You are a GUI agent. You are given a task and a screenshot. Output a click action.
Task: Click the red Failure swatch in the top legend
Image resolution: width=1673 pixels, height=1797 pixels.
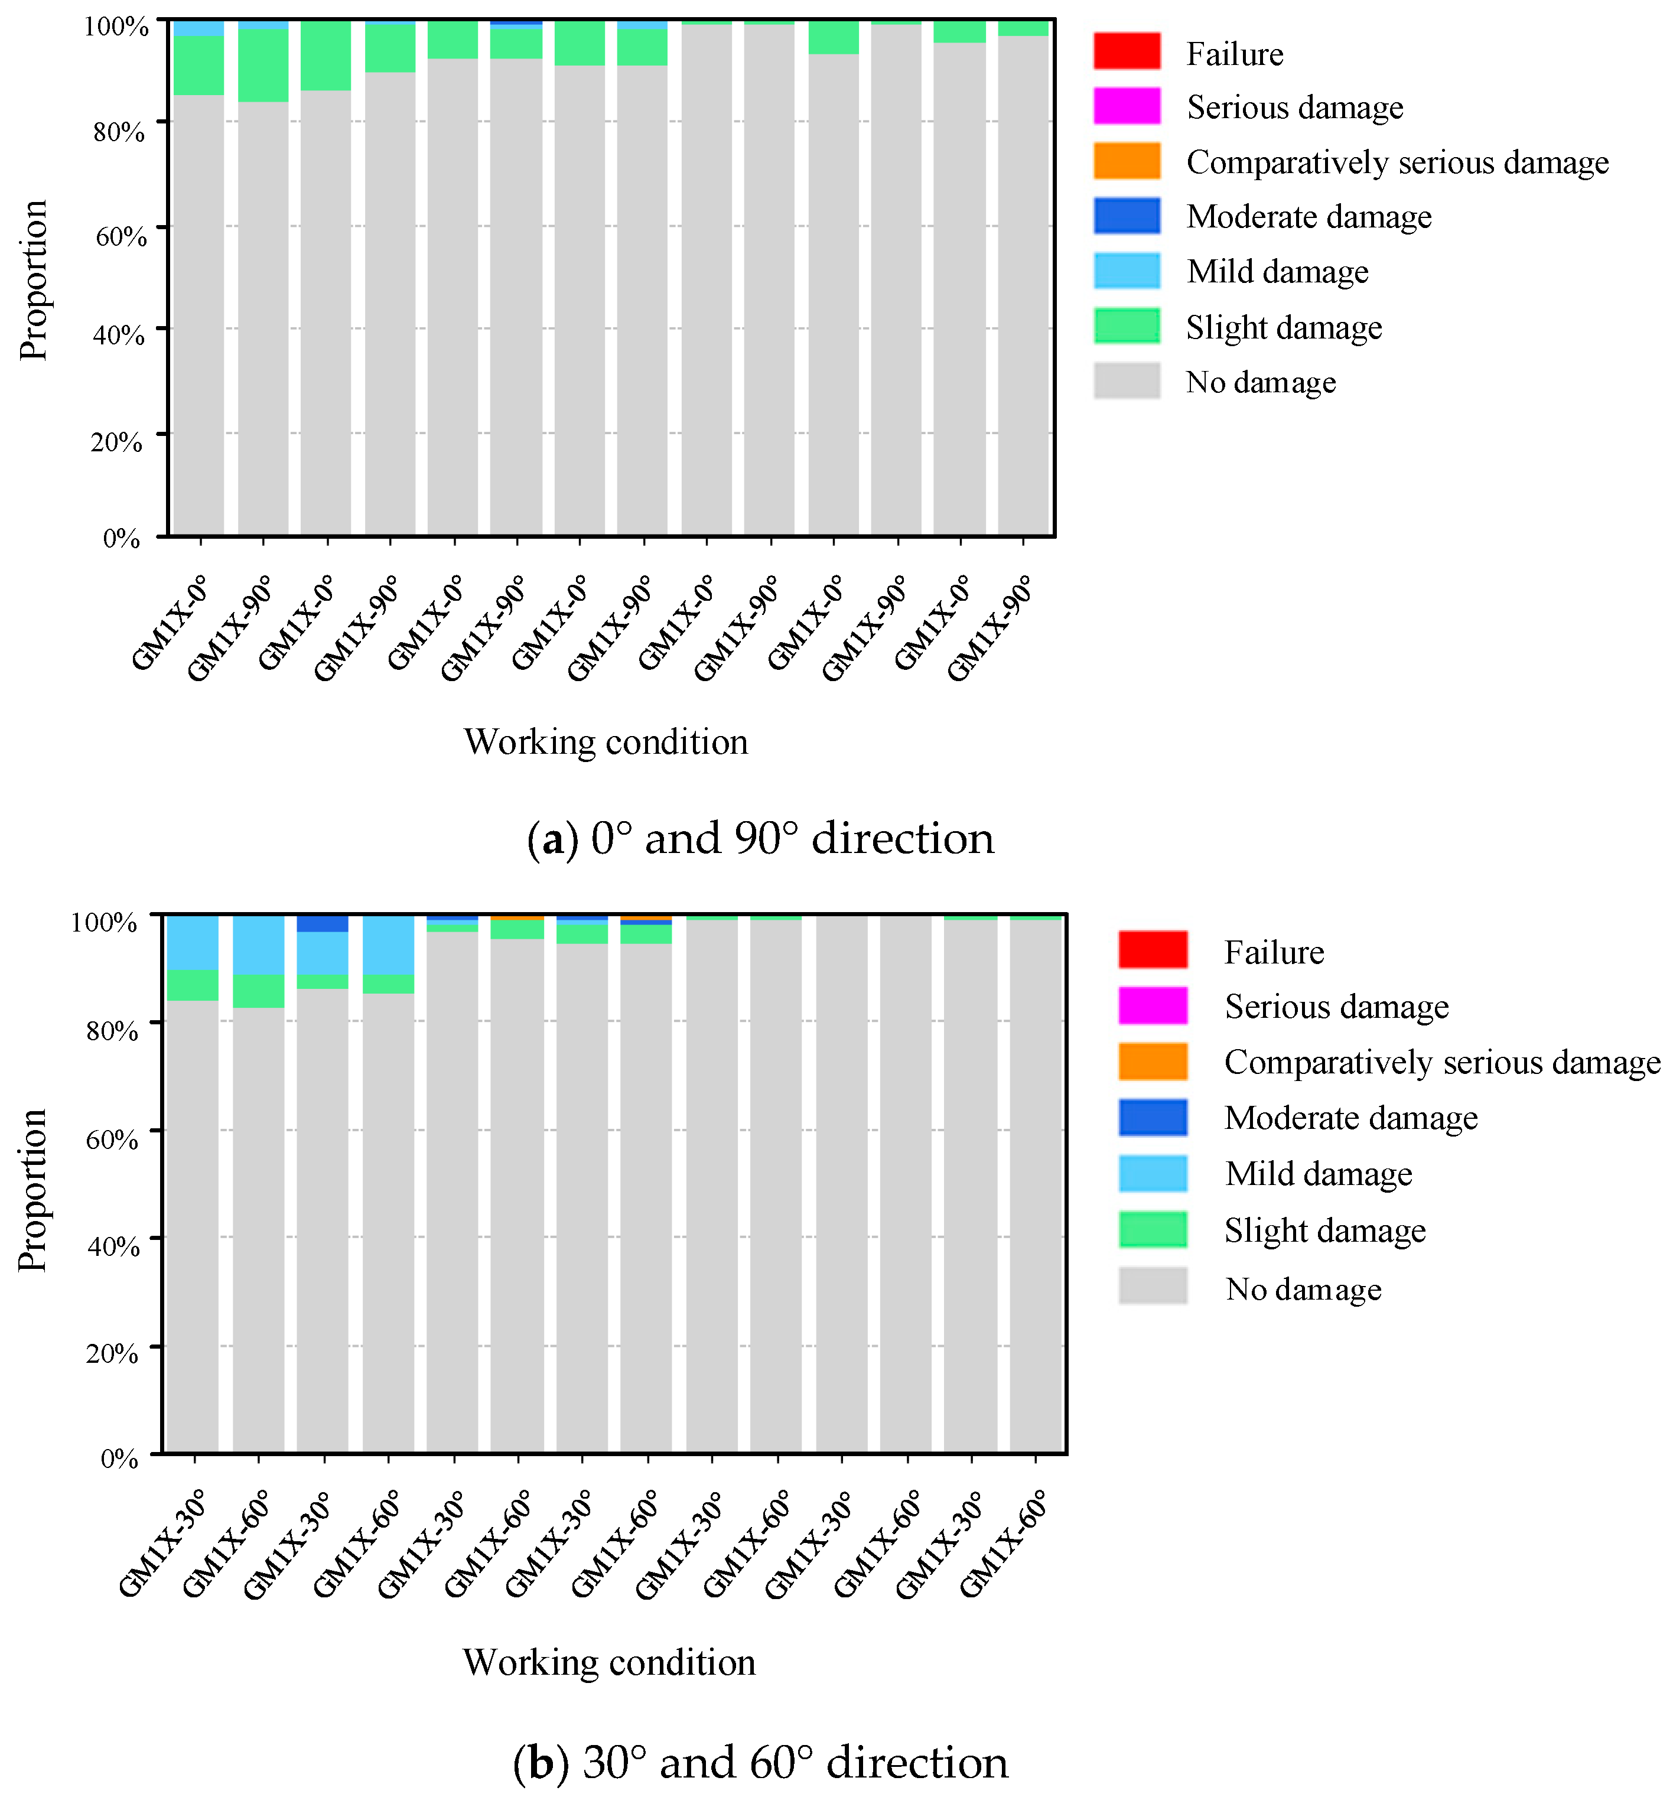tap(1126, 51)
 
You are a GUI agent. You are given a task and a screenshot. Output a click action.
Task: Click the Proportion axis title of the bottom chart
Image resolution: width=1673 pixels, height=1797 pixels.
tap(32, 1190)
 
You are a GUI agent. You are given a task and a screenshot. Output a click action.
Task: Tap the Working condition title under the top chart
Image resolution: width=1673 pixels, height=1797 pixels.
tap(606, 742)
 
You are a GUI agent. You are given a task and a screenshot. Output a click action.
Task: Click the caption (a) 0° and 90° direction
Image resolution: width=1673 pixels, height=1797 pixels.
tap(759, 838)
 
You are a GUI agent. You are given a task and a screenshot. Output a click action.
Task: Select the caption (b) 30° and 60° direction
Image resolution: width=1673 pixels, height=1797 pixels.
tap(759, 1762)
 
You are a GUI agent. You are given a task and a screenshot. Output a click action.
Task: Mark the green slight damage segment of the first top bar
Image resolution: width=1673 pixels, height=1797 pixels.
tap(198, 65)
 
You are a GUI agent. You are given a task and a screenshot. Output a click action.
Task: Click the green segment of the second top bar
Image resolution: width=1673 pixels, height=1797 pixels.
tap(263, 65)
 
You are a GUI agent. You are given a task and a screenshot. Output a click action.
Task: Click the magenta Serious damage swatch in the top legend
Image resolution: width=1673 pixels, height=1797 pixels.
tap(1126, 106)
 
